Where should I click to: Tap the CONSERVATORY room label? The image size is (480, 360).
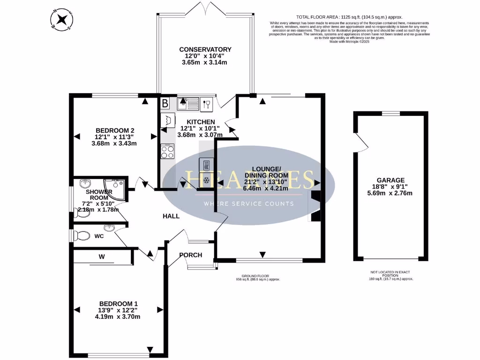coord(205,49)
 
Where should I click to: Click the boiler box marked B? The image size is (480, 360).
coord(165,103)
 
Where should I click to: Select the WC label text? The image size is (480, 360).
coord(99,236)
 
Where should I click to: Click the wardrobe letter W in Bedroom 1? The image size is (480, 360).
coord(101,256)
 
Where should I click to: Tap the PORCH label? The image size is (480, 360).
coord(191,255)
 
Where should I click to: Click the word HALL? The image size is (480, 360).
coord(171,216)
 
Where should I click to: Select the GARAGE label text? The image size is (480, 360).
coord(390,180)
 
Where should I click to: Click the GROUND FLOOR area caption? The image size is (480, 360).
coord(257,276)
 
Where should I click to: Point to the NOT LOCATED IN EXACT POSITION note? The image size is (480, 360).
coord(391,273)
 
